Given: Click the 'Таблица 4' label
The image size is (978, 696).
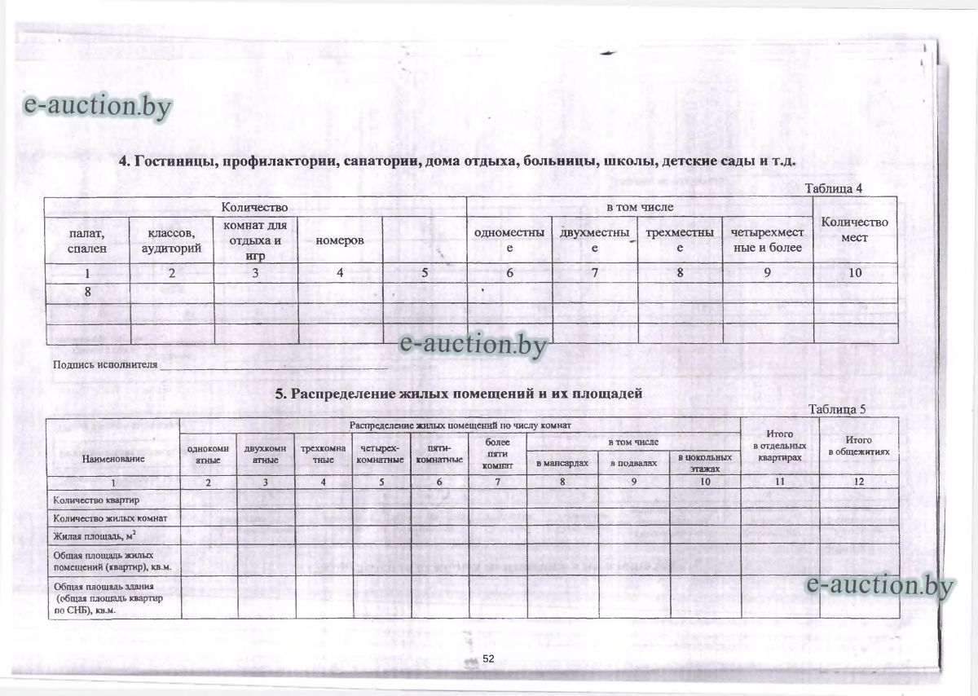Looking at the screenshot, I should pos(833,188).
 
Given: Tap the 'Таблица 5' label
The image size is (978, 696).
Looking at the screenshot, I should pos(836,409).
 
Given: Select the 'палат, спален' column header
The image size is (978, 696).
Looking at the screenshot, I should pos(87,240).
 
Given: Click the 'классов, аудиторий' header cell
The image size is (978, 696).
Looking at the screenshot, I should pos(171,240).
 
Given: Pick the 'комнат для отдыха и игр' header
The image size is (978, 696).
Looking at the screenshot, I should pos(255,240).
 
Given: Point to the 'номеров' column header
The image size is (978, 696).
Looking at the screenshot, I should pos(339,240).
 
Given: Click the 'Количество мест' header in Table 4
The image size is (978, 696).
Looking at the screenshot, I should pos(854,229).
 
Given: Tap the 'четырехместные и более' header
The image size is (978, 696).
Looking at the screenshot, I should pos(768,240).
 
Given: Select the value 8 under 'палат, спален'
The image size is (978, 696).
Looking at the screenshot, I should pos(86,291).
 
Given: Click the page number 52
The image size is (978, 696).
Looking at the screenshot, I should pos(489,658).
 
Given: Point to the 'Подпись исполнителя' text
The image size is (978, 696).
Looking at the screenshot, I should pos(104,364).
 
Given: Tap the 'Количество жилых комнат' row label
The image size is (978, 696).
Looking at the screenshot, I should pos(109,518).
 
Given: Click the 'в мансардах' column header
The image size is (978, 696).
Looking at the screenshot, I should pos(562,462).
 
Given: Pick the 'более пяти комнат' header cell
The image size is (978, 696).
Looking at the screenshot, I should pos(497,453).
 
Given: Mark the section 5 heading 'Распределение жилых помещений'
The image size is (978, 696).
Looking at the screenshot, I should pos(459,393).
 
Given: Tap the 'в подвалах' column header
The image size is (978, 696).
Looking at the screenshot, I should pos(633,462).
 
